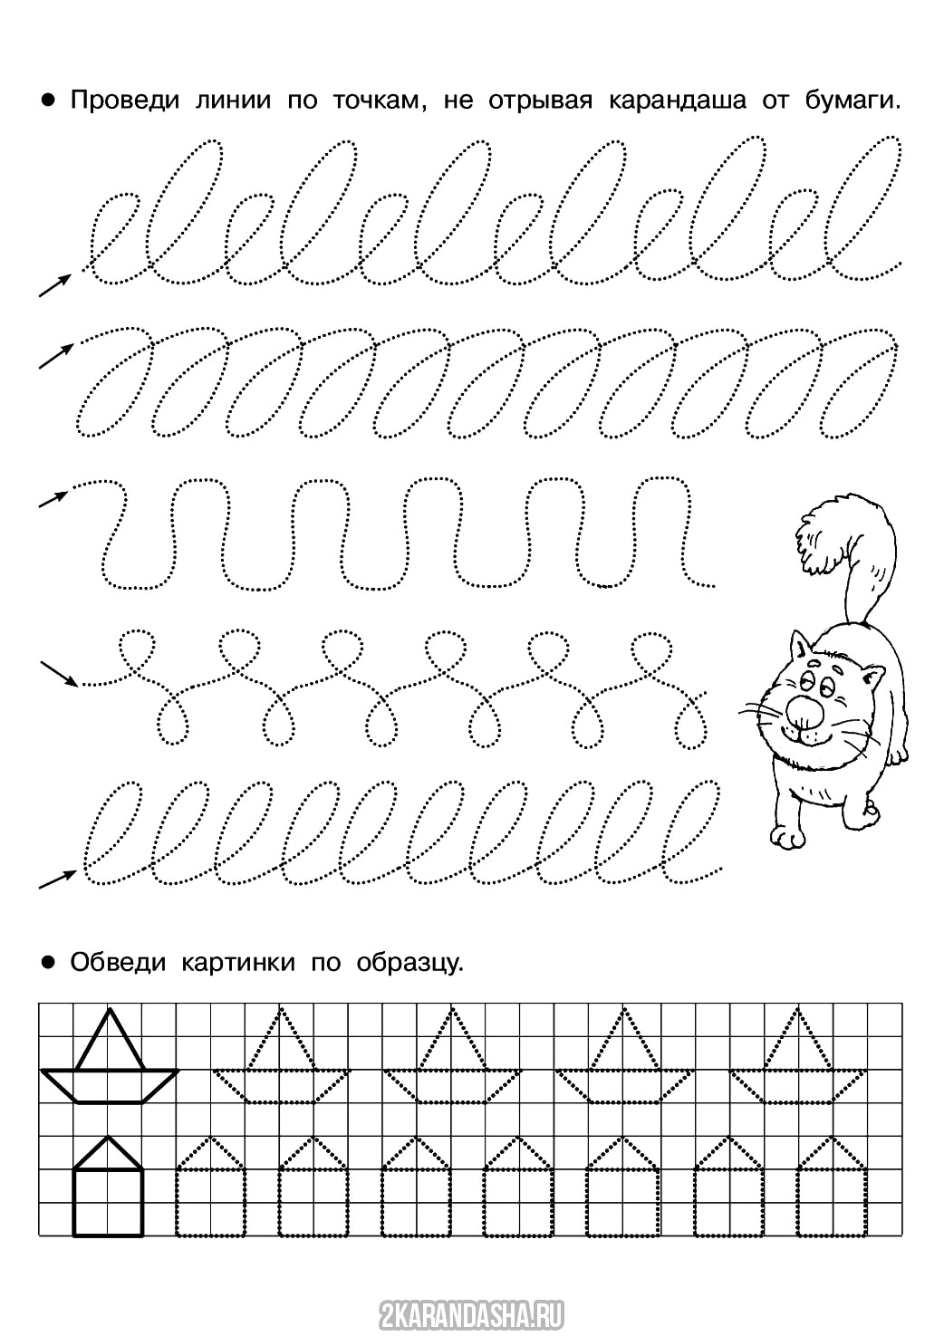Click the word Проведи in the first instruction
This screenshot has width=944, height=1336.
125,101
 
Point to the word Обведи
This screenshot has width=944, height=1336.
118,962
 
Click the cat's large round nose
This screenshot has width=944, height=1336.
802,712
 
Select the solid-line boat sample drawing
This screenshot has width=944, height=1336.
110,1056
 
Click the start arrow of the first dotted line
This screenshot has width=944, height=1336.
55,285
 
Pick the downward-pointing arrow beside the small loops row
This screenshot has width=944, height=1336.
59,672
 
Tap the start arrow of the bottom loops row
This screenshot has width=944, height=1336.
57,879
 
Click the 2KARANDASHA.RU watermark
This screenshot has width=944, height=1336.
471,1311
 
